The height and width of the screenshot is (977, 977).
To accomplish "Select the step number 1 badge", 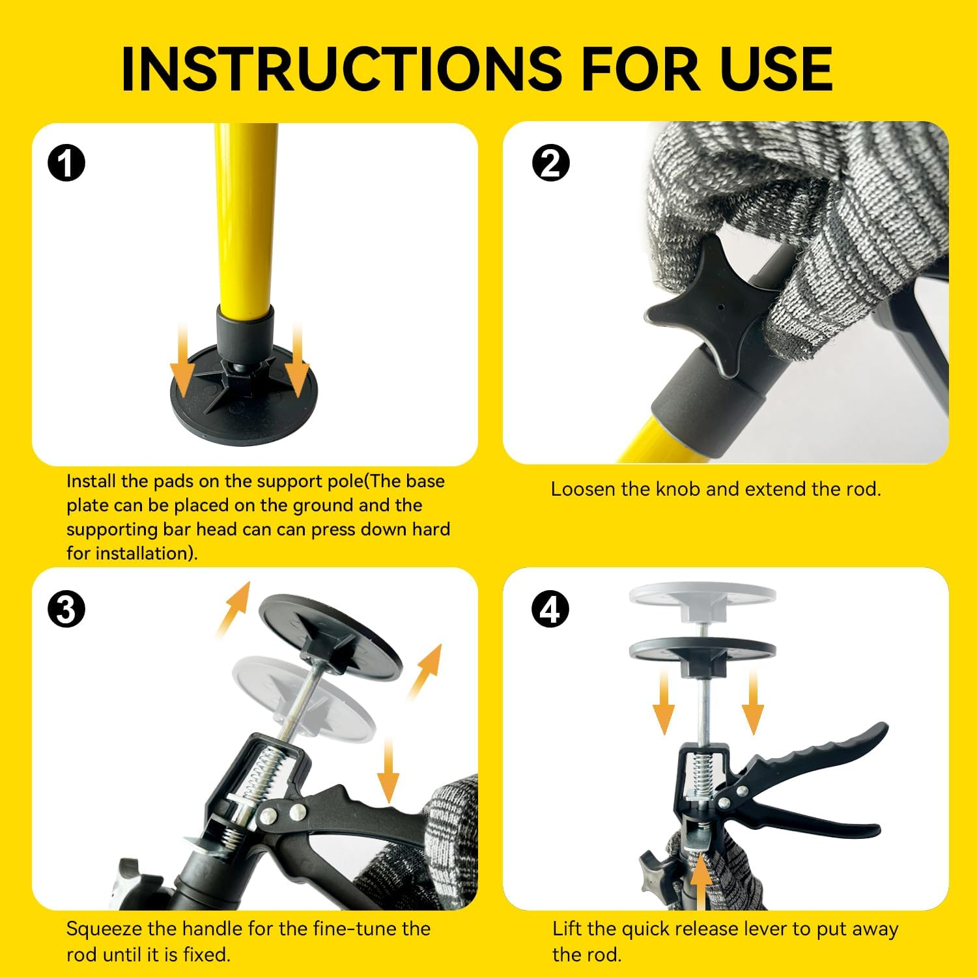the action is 66,163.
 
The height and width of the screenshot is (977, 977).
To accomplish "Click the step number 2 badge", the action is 551,163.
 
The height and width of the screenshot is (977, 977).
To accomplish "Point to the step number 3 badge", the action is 66,610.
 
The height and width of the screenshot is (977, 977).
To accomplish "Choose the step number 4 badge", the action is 551,610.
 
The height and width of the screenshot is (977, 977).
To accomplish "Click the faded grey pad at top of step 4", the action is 703,599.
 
